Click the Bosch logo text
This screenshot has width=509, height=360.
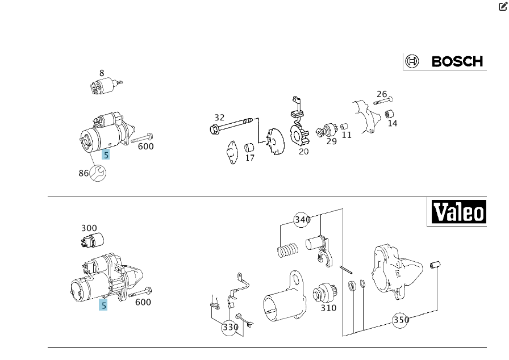pos(457,61)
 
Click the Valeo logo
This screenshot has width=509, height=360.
pos(457,212)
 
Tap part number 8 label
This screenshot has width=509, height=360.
pos(102,73)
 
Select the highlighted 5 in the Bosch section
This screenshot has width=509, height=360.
pos(106,154)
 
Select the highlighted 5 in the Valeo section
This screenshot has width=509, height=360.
pos(103,305)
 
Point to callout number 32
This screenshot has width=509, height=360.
pos(219,118)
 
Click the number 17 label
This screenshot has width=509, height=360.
pos(250,158)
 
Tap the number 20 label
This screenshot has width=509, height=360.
pos(304,152)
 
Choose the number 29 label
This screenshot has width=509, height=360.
pos(331,141)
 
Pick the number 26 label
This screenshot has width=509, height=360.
pos(382,94)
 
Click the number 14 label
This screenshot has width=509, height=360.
pos(393,123)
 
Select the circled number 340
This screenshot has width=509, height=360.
pos(303,220)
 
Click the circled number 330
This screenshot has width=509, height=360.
pos(230,327)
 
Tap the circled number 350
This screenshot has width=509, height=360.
pos(401,320)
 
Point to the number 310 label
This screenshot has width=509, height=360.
pos(328,308)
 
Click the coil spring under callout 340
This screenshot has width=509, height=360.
pos(288,249)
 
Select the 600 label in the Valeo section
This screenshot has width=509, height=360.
pos(143,302)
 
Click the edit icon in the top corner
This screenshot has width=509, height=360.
pos(503,6)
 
